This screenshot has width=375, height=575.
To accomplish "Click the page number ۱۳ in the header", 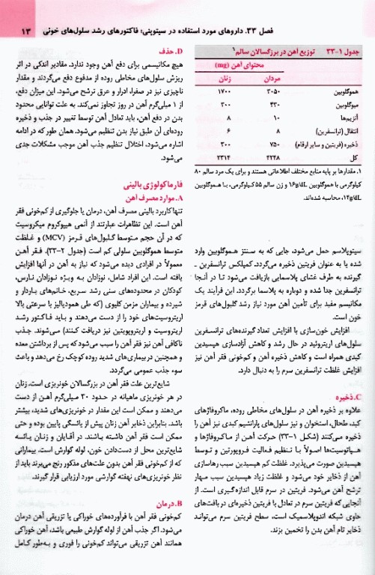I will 15,32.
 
